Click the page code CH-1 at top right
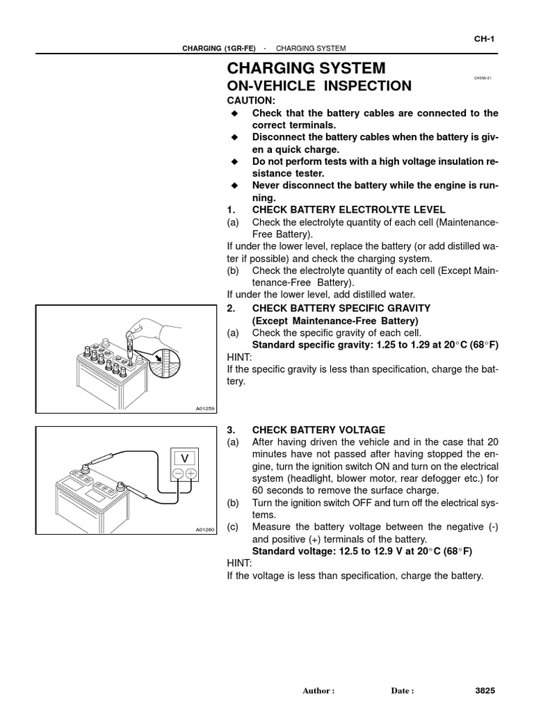click(484, 39)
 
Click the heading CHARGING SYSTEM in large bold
click(306, 68)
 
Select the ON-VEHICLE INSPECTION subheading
click(319, 86)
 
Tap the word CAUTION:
click(251, 101)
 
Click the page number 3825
click(484, 691)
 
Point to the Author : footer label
click(318, 691)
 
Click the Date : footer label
click(403, 691)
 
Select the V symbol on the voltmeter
click(185, 458)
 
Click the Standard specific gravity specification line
click(375, 344)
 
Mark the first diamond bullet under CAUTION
click(234, 113)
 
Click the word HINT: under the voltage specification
click(239, 564)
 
